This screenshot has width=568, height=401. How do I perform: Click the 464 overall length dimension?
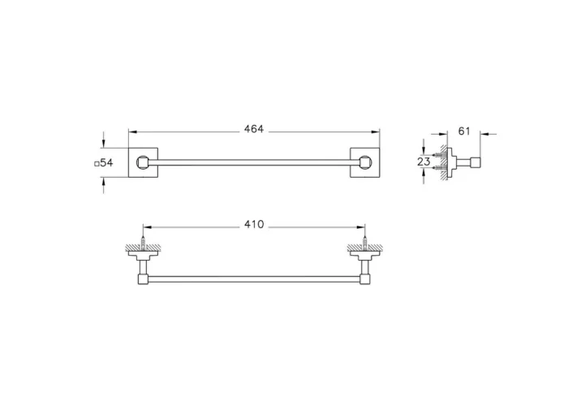[255, 129]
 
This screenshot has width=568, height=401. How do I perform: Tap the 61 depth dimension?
[464, 130]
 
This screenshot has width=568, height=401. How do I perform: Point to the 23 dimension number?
[424, 162]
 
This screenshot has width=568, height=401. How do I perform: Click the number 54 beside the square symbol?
[106, 163]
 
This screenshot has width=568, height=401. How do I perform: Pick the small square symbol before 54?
[97, 163]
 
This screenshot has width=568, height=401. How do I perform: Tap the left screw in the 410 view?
[143, 241]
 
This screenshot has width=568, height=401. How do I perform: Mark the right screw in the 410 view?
[365, 241]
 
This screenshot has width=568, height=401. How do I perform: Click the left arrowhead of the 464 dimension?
[133, 132]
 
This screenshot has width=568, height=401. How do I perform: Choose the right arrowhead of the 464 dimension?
[377, 132]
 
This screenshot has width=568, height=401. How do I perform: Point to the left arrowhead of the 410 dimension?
[146, 227]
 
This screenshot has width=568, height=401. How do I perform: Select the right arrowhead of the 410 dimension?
[362, 227]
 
